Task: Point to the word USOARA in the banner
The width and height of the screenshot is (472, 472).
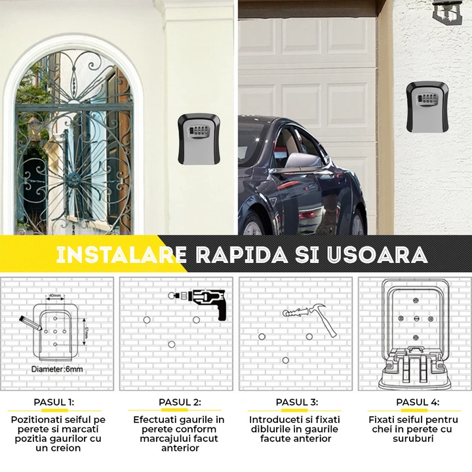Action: tap(373, 255)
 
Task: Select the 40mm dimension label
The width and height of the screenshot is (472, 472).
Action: tap(55, 296)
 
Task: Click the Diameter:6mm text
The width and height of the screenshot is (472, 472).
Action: tap(57, 369)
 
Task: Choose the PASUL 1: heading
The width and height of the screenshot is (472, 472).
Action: tap(54, 402)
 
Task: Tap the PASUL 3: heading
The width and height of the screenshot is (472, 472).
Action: tap(296, 402)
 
